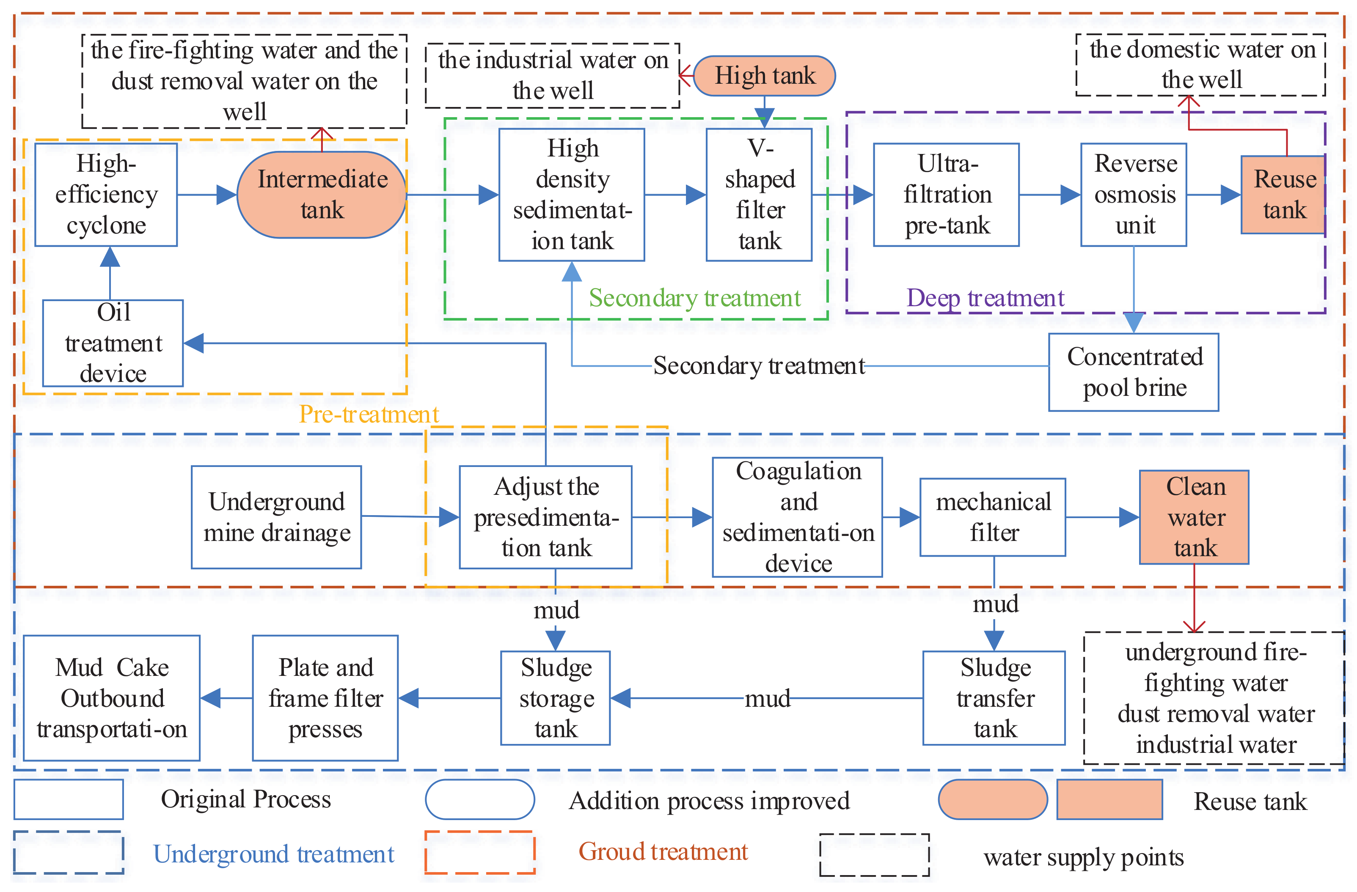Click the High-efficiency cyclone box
coord(106,195)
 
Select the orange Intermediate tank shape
coord(322,195)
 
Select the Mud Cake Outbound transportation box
coord(112,699)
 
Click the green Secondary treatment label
coord(694,299)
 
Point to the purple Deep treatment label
coord(985,299)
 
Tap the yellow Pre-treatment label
coord(369,415)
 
